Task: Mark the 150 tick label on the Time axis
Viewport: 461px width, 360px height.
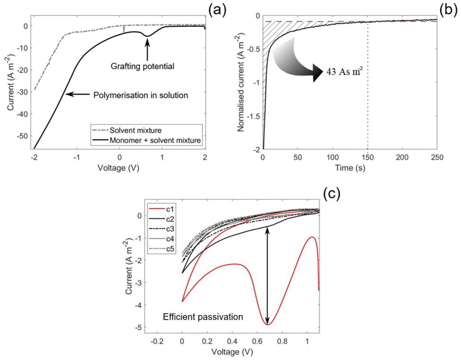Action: pos(367,157)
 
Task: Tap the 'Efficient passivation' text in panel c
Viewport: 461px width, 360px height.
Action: pos(203,317)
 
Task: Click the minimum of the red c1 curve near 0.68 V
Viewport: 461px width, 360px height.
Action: pos(268,324)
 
